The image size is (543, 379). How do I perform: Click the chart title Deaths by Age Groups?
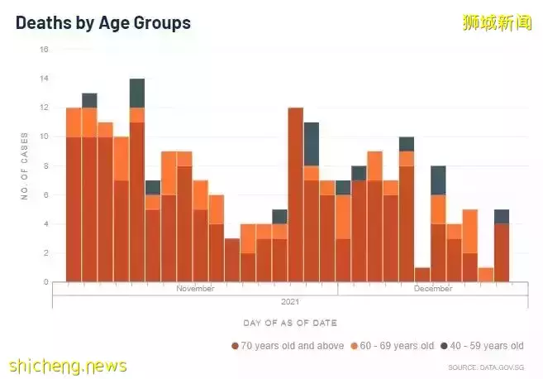click(x=103, y=23)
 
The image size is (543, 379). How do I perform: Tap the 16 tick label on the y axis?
click(x=45, y=50)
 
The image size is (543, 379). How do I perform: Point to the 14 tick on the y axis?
click(x=45, y=79)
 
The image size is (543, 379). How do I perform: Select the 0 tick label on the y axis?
click(x=46, y=282)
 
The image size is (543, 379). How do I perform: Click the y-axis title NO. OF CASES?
click(x=26, y=166)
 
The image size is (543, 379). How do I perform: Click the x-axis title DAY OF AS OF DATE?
click(x=289, y=323)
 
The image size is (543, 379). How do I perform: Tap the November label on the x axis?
click(x=195, y=289)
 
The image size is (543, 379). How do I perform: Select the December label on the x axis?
click(x=433, y=289)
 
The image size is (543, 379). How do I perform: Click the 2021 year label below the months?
click(x=289, y=301)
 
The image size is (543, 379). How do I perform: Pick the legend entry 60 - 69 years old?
click(x=393, y=346)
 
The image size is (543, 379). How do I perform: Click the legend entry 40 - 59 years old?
click(x=483, y=346)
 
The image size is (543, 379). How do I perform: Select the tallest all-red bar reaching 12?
click(x=296, y=194)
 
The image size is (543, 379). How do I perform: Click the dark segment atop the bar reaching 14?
click(x=137, y=93)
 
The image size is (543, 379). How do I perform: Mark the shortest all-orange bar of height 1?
click(x=486, y=275)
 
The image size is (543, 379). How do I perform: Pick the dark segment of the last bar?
click(x=502, y=216)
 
